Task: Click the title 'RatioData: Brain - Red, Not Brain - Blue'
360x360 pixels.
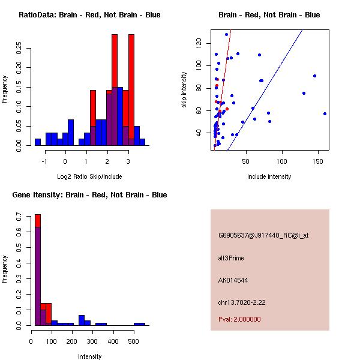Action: click(x=89, y=15)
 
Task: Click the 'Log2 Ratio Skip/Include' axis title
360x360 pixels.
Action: click(x=89, y=176)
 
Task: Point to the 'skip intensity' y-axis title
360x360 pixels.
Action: click(x=184, y=90)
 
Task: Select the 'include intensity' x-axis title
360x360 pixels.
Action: click(x=269, y=176)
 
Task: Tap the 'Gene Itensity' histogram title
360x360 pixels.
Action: click(x=89, y=195)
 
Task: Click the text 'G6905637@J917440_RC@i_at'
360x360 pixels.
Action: click(x=263, y=236)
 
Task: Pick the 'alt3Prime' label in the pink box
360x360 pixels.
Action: click(x=231, y=259)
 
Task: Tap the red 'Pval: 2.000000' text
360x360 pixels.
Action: click(x=239, y=319)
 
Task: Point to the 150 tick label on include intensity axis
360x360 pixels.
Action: click(x=317, y=161)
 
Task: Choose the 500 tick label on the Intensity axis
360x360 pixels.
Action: click(x=133, y=341)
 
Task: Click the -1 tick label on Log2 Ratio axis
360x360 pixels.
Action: click(x=44, y=161)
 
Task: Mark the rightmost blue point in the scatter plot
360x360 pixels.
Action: click(x=325, y=113)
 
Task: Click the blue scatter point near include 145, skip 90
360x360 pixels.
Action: click(x=314, y=76)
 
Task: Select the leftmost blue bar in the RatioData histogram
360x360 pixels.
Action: click(x=38, y=142)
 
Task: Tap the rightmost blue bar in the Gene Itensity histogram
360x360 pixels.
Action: click(x=139, y=324)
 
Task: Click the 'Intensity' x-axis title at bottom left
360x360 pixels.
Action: click(x=89, y=356)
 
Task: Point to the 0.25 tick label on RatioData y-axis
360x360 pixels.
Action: click(x=19, y=49)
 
